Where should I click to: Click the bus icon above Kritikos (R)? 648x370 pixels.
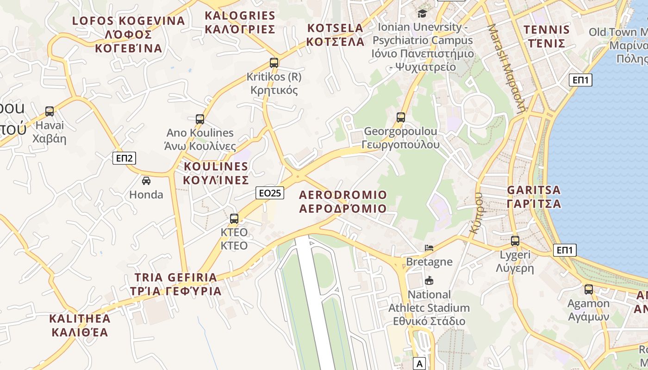point(274,62)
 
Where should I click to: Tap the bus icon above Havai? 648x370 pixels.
point(50,111)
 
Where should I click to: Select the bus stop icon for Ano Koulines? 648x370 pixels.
point(200,119)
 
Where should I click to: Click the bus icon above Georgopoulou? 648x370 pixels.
point(401,117)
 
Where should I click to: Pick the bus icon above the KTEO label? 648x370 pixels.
point(234,218)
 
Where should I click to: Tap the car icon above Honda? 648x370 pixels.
point(146,180)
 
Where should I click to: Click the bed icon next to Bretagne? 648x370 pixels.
point(429,248)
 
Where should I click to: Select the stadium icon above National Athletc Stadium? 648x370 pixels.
point(429,280)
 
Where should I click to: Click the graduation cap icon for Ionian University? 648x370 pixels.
point(422,13)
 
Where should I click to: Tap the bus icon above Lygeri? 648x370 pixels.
point(515,240)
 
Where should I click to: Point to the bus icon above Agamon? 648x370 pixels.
point(589,290)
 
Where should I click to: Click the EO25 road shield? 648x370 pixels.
point(270,193)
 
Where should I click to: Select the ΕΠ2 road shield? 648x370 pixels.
point(125,158)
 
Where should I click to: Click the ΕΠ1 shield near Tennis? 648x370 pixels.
point(580,80)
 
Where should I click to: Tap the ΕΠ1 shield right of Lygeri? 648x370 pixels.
point(565,250)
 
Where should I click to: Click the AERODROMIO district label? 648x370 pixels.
point(343,201)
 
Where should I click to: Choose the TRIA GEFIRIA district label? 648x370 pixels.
point(175,284)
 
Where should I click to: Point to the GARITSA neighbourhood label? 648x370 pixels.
point(534,197)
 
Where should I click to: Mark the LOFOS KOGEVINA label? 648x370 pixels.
point(129,34)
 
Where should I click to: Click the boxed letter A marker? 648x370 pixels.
point(420,364)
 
